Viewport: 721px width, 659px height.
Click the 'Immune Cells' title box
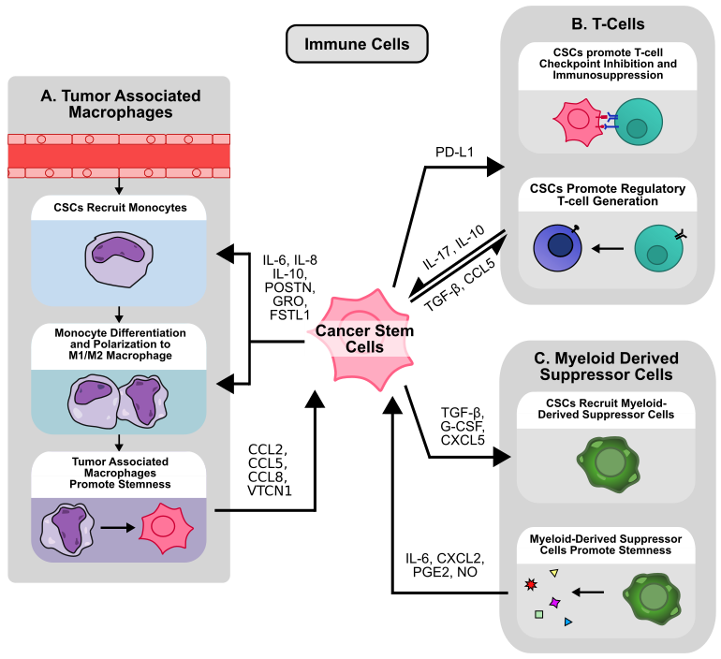[x=357, y=44]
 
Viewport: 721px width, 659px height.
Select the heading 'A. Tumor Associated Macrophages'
[x=120, y=104]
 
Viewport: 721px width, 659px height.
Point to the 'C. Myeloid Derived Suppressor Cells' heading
[x=606, y=367]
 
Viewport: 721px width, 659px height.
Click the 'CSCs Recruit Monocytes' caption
[x=119, y=208]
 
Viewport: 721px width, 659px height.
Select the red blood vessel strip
[x=119, y=155]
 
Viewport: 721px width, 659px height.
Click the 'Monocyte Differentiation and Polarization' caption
[x=120, y=344]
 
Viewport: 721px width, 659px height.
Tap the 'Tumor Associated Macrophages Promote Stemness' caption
[x=120, y=474]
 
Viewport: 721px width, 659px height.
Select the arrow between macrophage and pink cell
[x=116, y=527]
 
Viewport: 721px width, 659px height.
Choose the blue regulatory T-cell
[x=559, y=246]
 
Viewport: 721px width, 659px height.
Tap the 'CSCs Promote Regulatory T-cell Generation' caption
[x=607, y=195]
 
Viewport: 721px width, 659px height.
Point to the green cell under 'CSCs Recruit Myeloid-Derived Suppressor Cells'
[x=610, y=461]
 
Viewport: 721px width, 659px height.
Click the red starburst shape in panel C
[x=532, y=585]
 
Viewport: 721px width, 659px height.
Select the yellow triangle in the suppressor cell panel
[x=553, y=572]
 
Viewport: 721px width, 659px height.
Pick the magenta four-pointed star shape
[x=554, y=602]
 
